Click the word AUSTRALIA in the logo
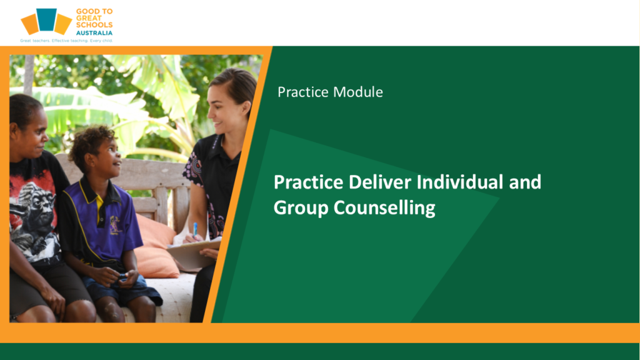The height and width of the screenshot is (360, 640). [94, 33]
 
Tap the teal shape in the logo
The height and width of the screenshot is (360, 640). [46, 19]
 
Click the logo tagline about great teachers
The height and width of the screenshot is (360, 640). [66, 41]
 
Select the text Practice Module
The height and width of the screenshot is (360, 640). [330, 92]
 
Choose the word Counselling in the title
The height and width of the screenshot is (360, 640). [384, 208]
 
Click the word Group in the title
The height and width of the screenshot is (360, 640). [301, 208]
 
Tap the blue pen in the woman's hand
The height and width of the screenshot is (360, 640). [195, 229]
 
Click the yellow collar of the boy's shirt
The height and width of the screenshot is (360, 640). [98, 196]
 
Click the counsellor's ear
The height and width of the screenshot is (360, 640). [246, 109]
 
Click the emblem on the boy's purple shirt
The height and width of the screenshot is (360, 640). [115, 225]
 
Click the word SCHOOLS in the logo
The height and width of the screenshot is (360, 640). [94, 25]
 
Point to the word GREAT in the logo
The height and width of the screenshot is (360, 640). [89, 18]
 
